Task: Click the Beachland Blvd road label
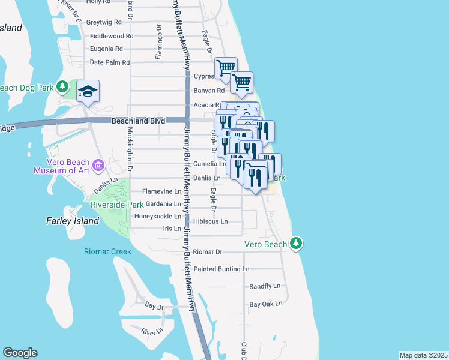click(138, 121)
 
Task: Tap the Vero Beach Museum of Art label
click(68, 166)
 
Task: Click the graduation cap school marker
click(88, 92)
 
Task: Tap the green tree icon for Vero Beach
click(295, 243)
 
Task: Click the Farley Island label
click(73, 221)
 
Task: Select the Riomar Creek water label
click(107, 251)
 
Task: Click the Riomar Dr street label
click(208, 252)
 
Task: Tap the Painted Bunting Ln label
click(221, 269)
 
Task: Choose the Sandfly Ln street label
click(265, 286)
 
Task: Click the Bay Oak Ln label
click(266, 304)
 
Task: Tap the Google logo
click(20, 352)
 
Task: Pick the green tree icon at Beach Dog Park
click(62, 87)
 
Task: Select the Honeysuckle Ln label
click(157, 216)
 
